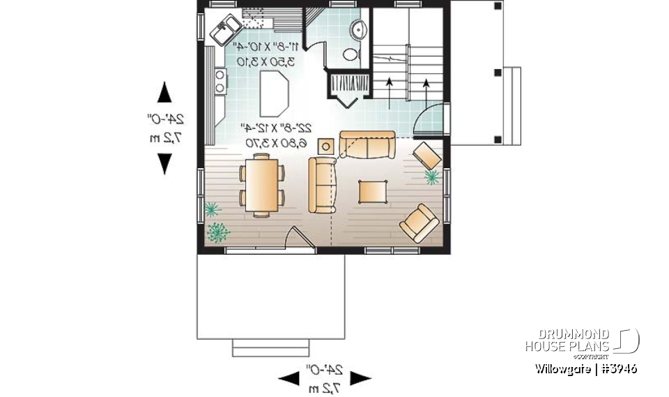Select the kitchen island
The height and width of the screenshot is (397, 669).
[275, 96]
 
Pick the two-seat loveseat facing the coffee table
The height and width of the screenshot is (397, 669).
[322, 184]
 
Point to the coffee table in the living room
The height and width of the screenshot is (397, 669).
[373, 190]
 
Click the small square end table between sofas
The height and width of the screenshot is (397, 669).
[325, 146]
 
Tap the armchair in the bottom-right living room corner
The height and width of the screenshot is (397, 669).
[419, 223]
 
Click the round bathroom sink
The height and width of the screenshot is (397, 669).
[359, 29]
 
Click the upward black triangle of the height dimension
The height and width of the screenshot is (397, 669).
[164, 93]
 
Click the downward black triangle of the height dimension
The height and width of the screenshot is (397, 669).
[164, 163]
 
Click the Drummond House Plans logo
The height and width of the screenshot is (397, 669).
[582, 340]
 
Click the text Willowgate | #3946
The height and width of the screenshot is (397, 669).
[586, 368]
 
